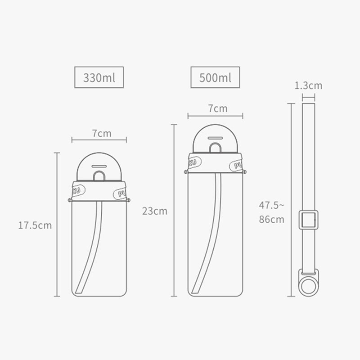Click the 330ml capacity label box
[99, 77]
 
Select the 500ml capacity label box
[215, 77]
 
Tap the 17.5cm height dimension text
[35, 225]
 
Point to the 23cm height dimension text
[155, 211]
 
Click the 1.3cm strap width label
[308, 85]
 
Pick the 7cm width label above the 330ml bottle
[102, 133]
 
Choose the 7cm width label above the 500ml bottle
[218, 108]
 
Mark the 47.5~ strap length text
[271, 205]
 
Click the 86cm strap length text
[272, 219]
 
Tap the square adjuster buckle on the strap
[309, 220]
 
